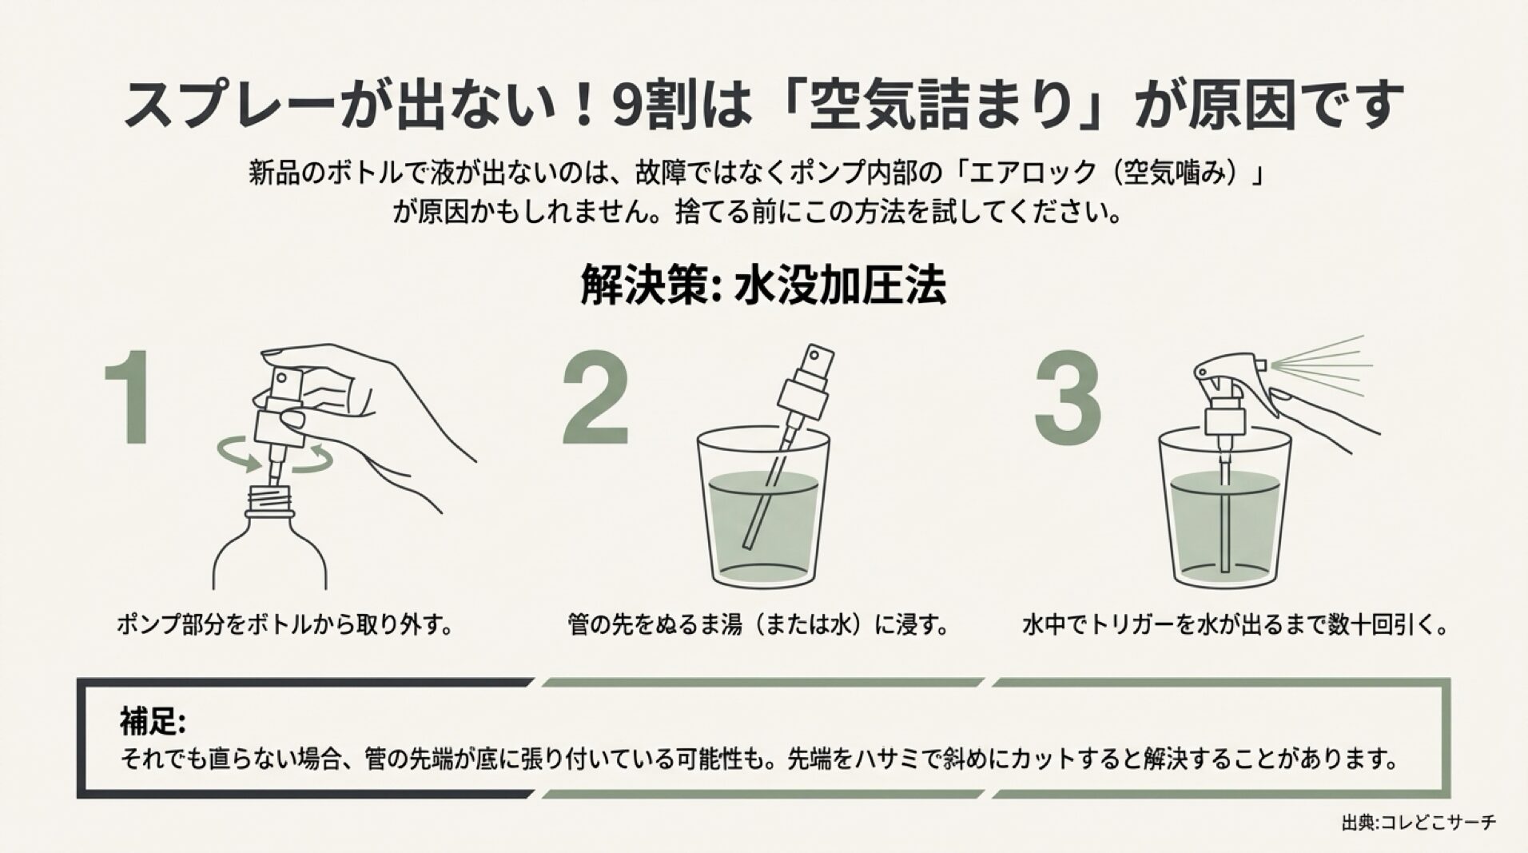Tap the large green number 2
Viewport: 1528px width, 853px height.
point(595,397)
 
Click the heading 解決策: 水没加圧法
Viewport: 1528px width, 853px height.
point(762,285)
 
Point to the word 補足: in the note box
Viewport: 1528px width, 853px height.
point(153,721)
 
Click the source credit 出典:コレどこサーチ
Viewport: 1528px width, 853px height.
point(1418,822)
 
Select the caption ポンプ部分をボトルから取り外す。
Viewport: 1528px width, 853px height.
point(285,624)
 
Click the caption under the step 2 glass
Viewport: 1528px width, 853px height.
point(758,624)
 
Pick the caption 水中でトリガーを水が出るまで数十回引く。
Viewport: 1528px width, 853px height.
point(1236,624)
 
